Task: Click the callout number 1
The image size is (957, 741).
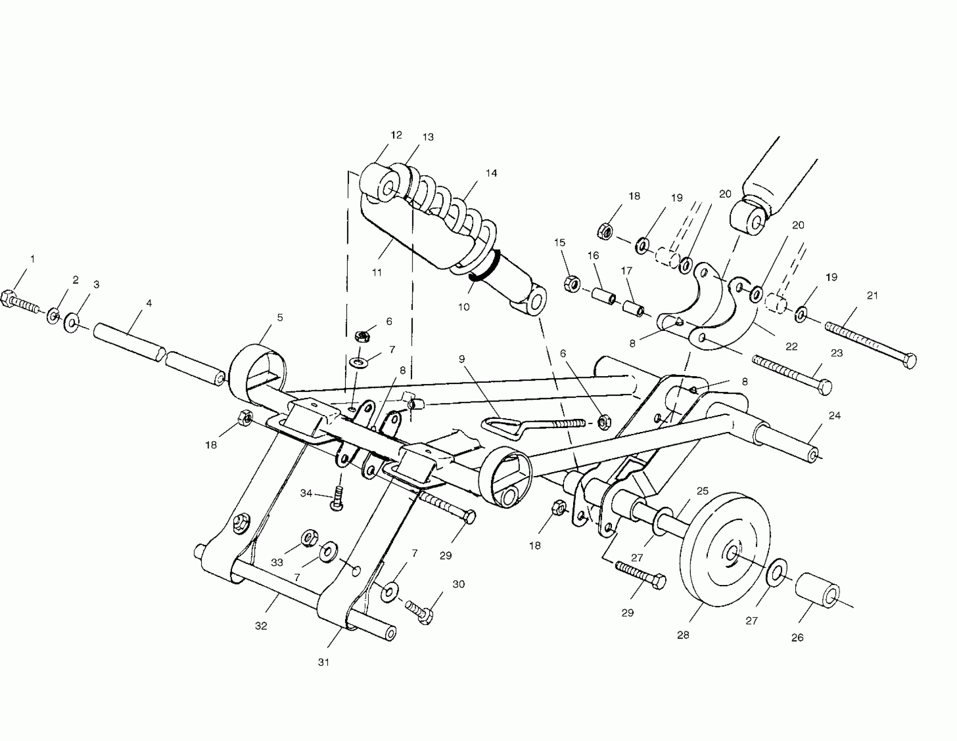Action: (x=32, y=259)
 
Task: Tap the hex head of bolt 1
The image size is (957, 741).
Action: (x=7, y=299)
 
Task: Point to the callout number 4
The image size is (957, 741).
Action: (x=149, y=303)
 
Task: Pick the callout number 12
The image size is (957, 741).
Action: (x=396, y=135)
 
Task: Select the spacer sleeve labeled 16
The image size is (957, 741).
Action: (x=603, y=295)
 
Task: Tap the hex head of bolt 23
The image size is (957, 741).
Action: (x=825, y=387)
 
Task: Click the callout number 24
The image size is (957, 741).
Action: (x=834, y=415)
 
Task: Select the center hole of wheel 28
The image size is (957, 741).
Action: (x=731, y=554)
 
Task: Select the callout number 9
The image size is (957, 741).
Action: (x=461, y=359)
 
